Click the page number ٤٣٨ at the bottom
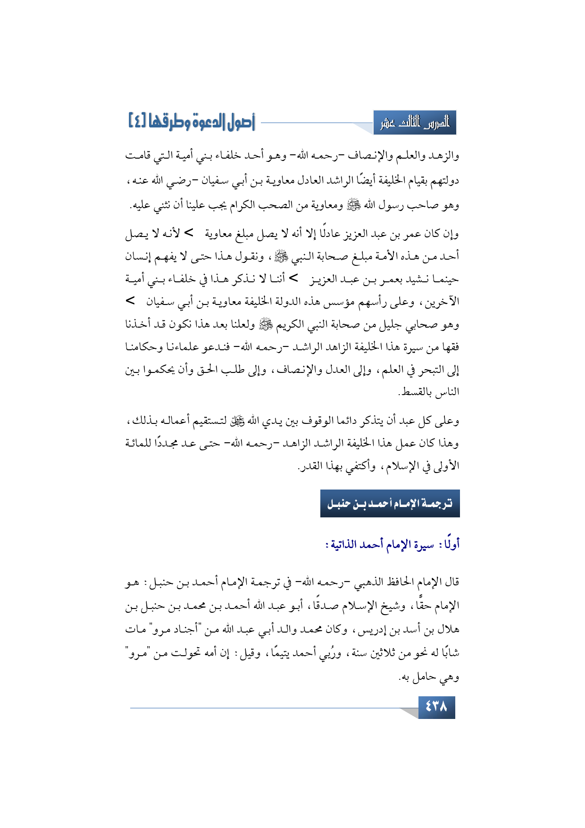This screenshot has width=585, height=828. click(436, 707)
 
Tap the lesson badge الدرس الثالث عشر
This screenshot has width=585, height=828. click(415, 123)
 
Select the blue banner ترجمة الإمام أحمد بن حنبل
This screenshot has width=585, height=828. click(390, 504)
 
